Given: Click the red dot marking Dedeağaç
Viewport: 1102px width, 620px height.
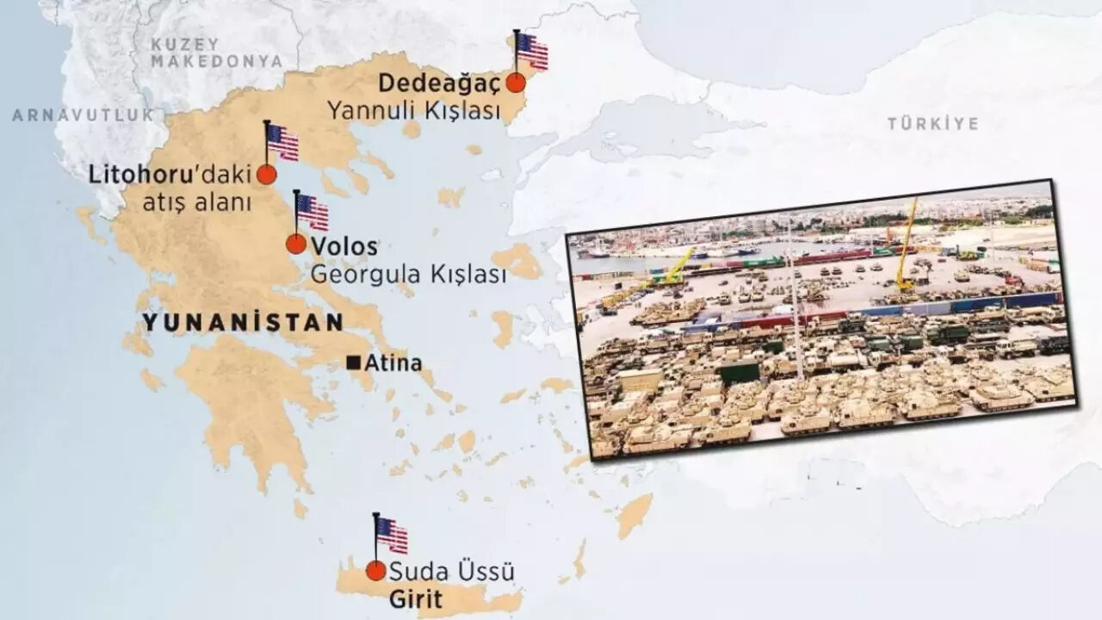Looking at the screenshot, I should coord(516,83).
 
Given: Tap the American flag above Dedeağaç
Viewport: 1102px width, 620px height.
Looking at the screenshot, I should coord(532,51).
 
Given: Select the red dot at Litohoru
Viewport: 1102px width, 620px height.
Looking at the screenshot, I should coord(267,175).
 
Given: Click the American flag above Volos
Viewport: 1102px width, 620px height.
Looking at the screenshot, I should coord(312,212).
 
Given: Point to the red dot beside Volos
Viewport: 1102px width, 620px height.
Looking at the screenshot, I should coord(296,244).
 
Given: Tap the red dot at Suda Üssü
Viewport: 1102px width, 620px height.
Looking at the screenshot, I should coord(375,571).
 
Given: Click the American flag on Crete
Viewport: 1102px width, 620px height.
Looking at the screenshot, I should coord(392,535).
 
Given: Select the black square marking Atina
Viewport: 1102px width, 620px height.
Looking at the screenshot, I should coord(353,363).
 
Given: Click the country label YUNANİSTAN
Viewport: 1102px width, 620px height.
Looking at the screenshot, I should coord(243,323).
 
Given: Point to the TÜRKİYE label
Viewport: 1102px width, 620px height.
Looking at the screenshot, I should coord(932,124).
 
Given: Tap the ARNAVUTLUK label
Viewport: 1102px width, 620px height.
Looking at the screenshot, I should coord(83,115).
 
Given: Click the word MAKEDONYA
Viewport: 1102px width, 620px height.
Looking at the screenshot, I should coord(216,61).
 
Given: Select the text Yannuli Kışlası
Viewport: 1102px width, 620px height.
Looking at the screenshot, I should coord(413,111).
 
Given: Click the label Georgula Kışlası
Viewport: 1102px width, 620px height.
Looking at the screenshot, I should coord(407,275).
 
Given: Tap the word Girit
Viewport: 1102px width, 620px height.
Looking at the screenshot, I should coord(416,598).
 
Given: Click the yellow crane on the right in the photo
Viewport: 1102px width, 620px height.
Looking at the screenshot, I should coord(906,245).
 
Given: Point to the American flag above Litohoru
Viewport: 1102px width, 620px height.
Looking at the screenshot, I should coord(282,142).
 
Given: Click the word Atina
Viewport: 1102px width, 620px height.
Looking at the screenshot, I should coord(393,363).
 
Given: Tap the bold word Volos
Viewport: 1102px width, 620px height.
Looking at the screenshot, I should coord(344,246).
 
